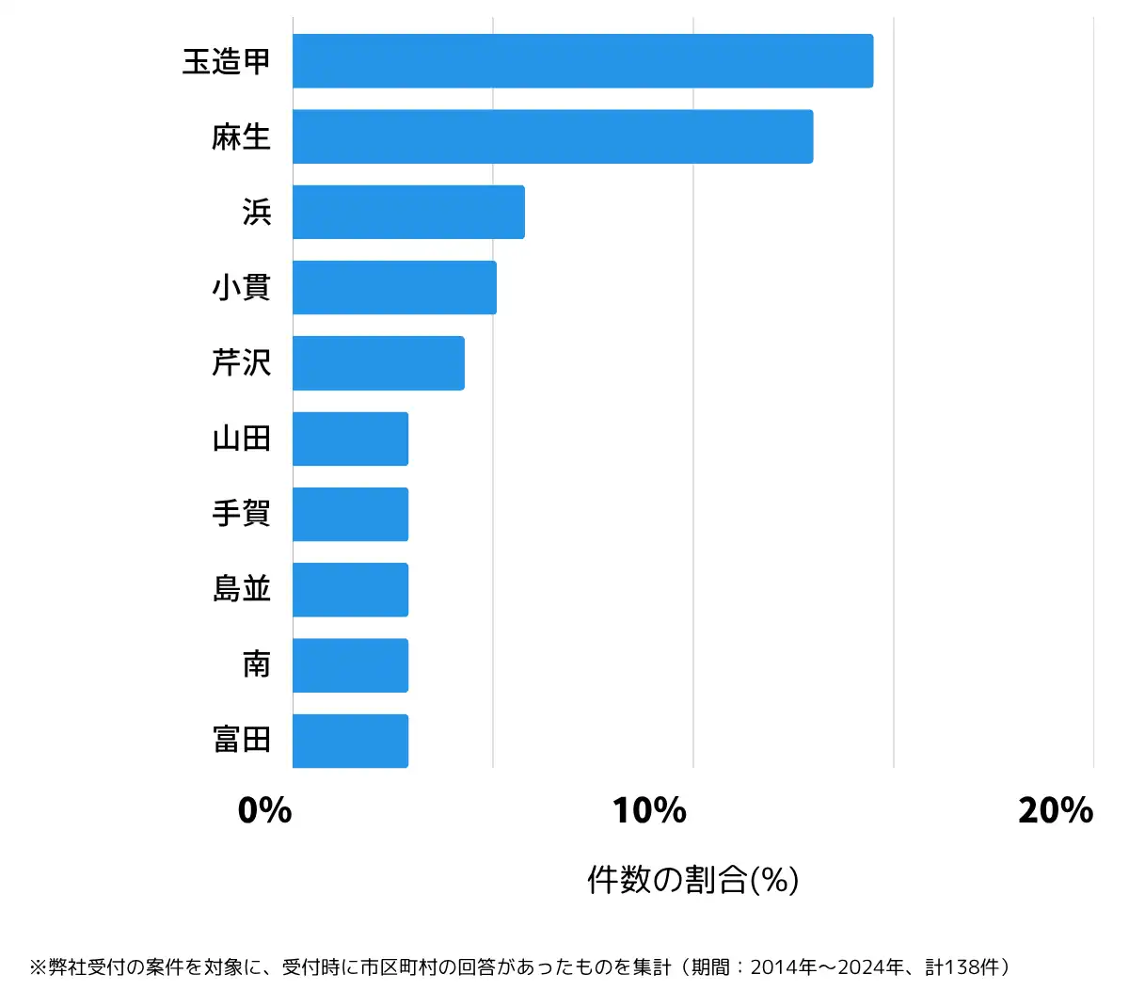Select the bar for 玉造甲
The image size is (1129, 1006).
pos(582,61)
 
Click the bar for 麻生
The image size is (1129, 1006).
pos(552,136)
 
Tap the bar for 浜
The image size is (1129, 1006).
pos(408,212)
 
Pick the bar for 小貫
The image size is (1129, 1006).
pos(394,287)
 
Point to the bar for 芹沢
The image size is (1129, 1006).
pos(378,362)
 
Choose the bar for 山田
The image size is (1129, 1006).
pos(350,439)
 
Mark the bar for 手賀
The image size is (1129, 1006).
pos(350,514)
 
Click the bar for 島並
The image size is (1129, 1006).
pos(350,589)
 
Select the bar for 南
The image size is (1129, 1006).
pos(350,665)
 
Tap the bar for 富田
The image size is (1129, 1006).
pos(350,741)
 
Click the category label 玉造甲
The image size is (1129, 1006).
pos(227,62)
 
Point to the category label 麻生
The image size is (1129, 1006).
pos(241,137)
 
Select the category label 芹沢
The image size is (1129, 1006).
pos(241,363)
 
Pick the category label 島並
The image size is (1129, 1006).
pos(241,590)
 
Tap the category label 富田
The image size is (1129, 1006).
pos(241,741)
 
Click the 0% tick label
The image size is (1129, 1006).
pos(264,810)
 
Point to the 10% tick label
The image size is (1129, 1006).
pos(649,810)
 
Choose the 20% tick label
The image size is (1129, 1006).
pos(1056,810)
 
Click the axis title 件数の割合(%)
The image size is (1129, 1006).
pos(692,880)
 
